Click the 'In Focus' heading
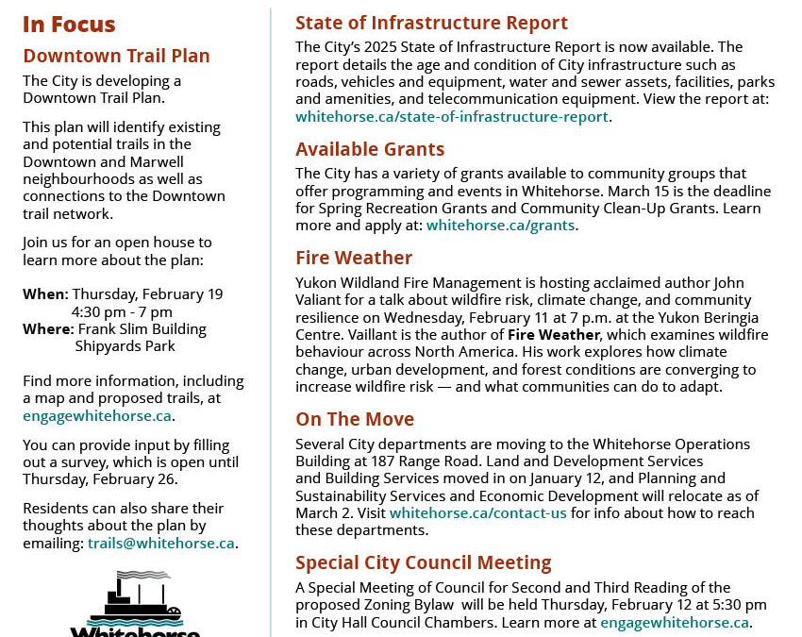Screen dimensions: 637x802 69,25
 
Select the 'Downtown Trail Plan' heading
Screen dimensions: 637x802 116,56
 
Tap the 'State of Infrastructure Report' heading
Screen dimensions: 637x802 431,23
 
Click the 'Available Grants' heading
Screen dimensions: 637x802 370,149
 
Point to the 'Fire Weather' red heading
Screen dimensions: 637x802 354,258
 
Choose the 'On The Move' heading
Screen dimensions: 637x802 355,419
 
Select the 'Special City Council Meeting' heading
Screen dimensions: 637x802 423,562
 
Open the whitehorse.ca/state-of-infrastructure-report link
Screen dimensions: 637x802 452,117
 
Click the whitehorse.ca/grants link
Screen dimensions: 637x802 500,226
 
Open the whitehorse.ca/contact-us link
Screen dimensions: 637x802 478,512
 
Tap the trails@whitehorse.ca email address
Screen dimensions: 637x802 161,543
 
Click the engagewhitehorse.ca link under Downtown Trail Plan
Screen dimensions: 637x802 97,415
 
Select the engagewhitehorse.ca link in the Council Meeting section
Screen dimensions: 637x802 675,622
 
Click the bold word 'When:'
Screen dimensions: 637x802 45,294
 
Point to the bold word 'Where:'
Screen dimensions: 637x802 48,329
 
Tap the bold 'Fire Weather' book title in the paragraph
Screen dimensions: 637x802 553,335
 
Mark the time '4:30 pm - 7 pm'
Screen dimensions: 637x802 122,311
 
